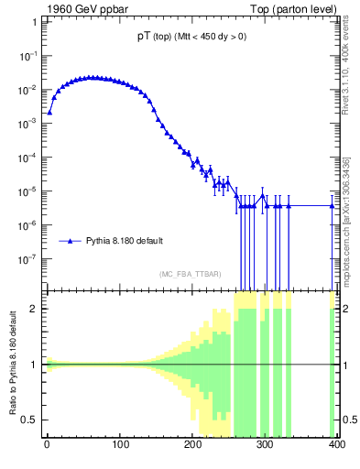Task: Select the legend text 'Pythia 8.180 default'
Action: click(x=125, y=241)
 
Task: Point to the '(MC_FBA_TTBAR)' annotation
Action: click(x=191, y=275)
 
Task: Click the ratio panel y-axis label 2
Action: click(x=35, y=309)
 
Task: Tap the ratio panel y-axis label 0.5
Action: click(x=31, y=420)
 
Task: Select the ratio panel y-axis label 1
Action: click(x=35, y=365)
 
